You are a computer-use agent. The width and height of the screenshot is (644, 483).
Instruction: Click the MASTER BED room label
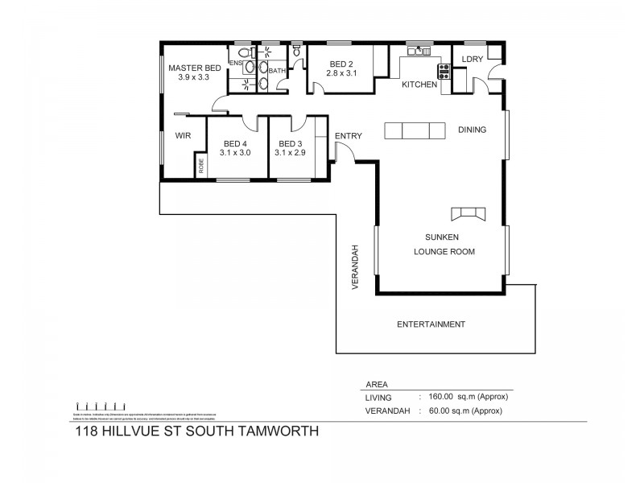click(x=194, y=68)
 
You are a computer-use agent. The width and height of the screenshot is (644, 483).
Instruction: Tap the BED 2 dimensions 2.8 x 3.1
click(x=340, y=74)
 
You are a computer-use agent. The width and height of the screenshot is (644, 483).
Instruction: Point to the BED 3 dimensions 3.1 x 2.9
click(x=290, y=152)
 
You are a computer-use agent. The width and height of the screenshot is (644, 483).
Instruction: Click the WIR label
click(x=183, y=136)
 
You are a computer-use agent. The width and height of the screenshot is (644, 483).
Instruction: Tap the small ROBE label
click(x=201, y=167)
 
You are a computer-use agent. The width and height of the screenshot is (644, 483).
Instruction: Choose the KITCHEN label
click(x=419, y=85)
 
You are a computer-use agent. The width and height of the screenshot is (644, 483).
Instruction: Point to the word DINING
click(x=473, y=130)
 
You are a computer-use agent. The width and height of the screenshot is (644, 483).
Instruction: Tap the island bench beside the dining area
click(x=415, y=130)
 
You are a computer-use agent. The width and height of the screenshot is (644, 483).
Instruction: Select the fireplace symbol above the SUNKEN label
click(x=468, y=213)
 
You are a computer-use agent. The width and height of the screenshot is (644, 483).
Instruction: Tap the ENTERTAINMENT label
click(x=431, y=324)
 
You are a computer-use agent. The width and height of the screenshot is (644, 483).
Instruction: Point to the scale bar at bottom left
click(x=99, y=405)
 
